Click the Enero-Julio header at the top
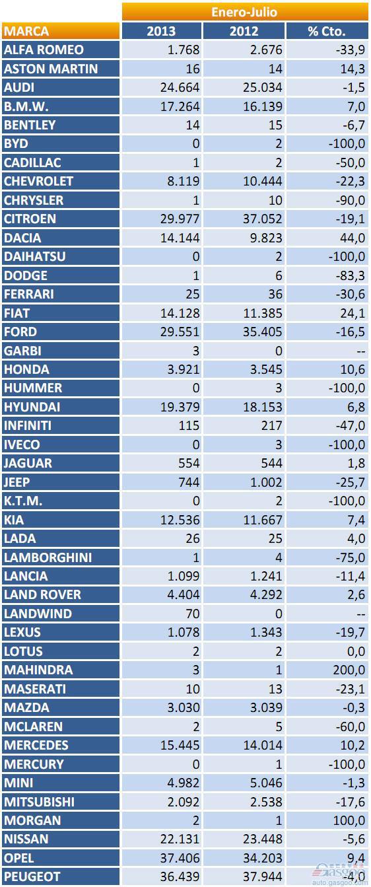[x=244, y=12]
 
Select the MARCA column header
[x=26, y=31]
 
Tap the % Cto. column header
[x=326, y=31]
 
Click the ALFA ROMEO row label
[x=44, y=50]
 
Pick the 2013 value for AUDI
[x=180, y=88]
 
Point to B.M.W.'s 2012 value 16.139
[x=263, y=106]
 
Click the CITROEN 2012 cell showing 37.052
[x=263, y=219]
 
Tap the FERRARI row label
[x=28, y=294]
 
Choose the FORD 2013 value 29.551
[x=180, y=332]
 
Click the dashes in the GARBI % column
[x=360, y=351]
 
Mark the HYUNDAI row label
[x=32, y=407]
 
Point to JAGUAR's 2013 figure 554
[x=189, y=463]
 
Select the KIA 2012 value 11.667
[x=263, y=520]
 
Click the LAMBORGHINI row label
[x=48, y=557]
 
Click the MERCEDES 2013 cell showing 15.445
[x=180, y=745]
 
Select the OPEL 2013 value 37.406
[x=180, y=858]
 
